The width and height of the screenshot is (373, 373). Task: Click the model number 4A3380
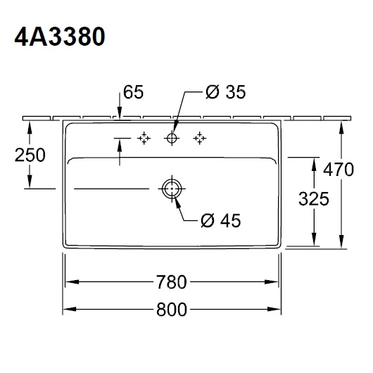pyautogui.click(x=60, y=36)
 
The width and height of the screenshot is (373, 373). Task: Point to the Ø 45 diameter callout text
pyautogui.click(x=220, y=220)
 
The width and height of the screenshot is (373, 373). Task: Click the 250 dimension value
pyautogui.click(x=30, y=155)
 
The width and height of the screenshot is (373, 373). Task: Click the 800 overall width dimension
pyautogui.click(x=172, y=310)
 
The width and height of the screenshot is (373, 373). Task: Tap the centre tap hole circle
pyautogui.click(x=172, y=139)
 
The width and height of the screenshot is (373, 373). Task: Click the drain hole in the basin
pyautogui.click(x=172, y=189)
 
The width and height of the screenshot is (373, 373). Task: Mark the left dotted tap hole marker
pyautogui.click(x=144, y=139)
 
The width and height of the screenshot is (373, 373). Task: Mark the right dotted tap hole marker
pyautogui.click(x=201, y=139)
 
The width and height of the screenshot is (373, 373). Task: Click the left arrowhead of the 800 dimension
pyautogui.click(x=69, y=310)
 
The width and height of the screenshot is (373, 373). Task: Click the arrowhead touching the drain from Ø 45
pyautogui.click(x=175, y=198)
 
